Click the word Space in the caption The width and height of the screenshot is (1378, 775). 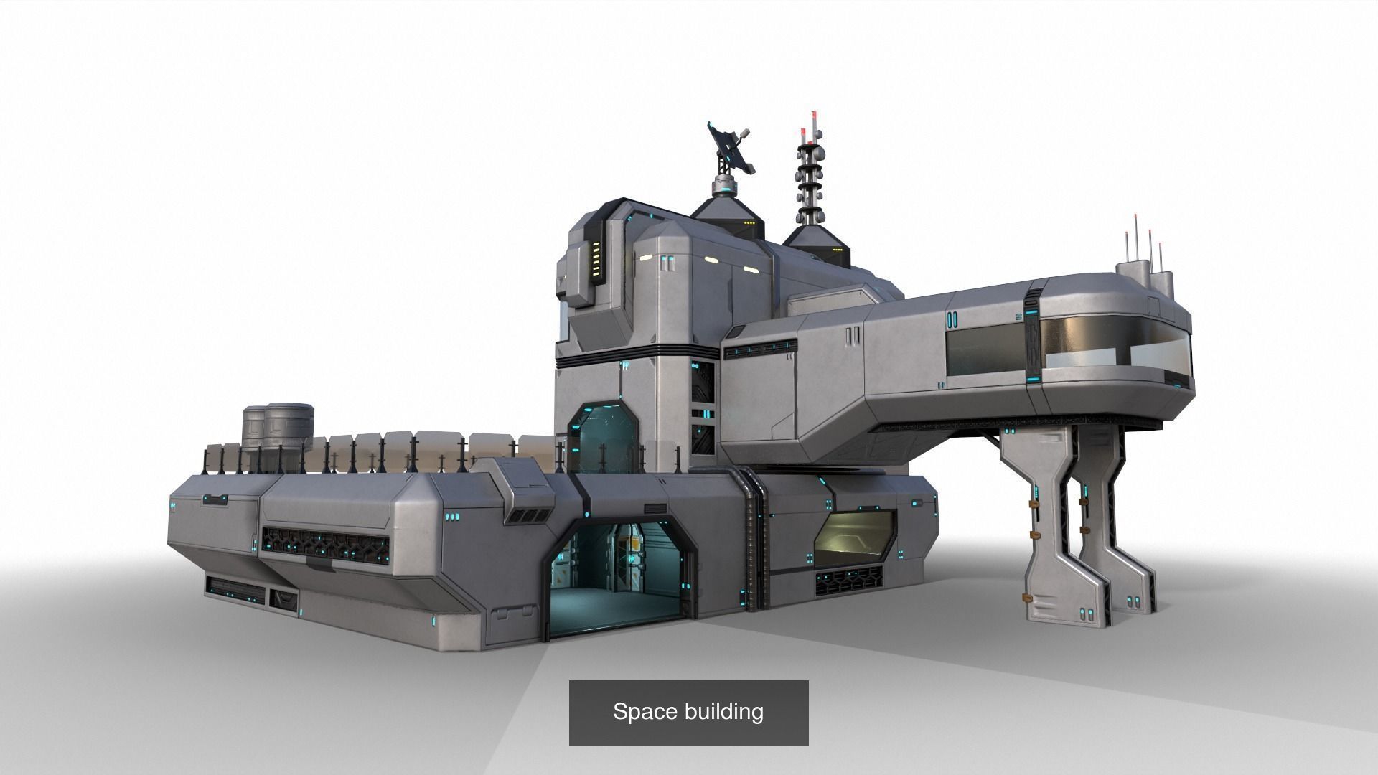coord(642,712)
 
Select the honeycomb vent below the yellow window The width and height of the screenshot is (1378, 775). coord(849,581)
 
